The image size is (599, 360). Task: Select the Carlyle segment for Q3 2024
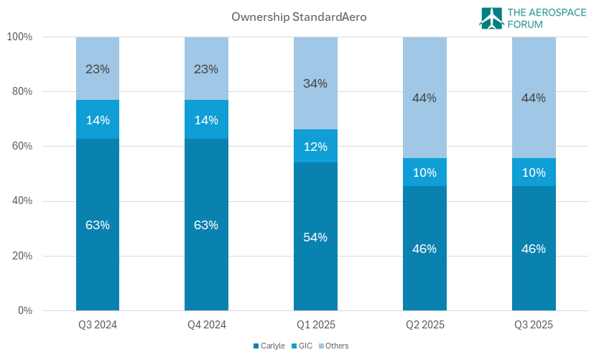[98, 224]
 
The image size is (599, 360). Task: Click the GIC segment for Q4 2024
[206, 119]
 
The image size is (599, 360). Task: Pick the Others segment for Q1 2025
[315, 83]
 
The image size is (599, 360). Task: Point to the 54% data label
[315, 237]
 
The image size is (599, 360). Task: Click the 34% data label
[315, 83]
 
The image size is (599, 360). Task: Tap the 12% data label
[315, 147]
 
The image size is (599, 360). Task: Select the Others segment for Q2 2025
[424, 97]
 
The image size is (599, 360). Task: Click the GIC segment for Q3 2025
[534, 172]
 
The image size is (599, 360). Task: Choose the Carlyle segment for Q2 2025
[424, 249]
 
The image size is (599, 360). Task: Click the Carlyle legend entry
[271, 346]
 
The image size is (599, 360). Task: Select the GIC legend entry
[304, 346]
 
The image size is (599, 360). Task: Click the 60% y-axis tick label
[21, 147]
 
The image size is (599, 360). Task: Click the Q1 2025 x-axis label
[315, 325]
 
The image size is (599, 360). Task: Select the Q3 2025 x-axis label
[534, 325]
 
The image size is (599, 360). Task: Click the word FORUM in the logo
[526, 24]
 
